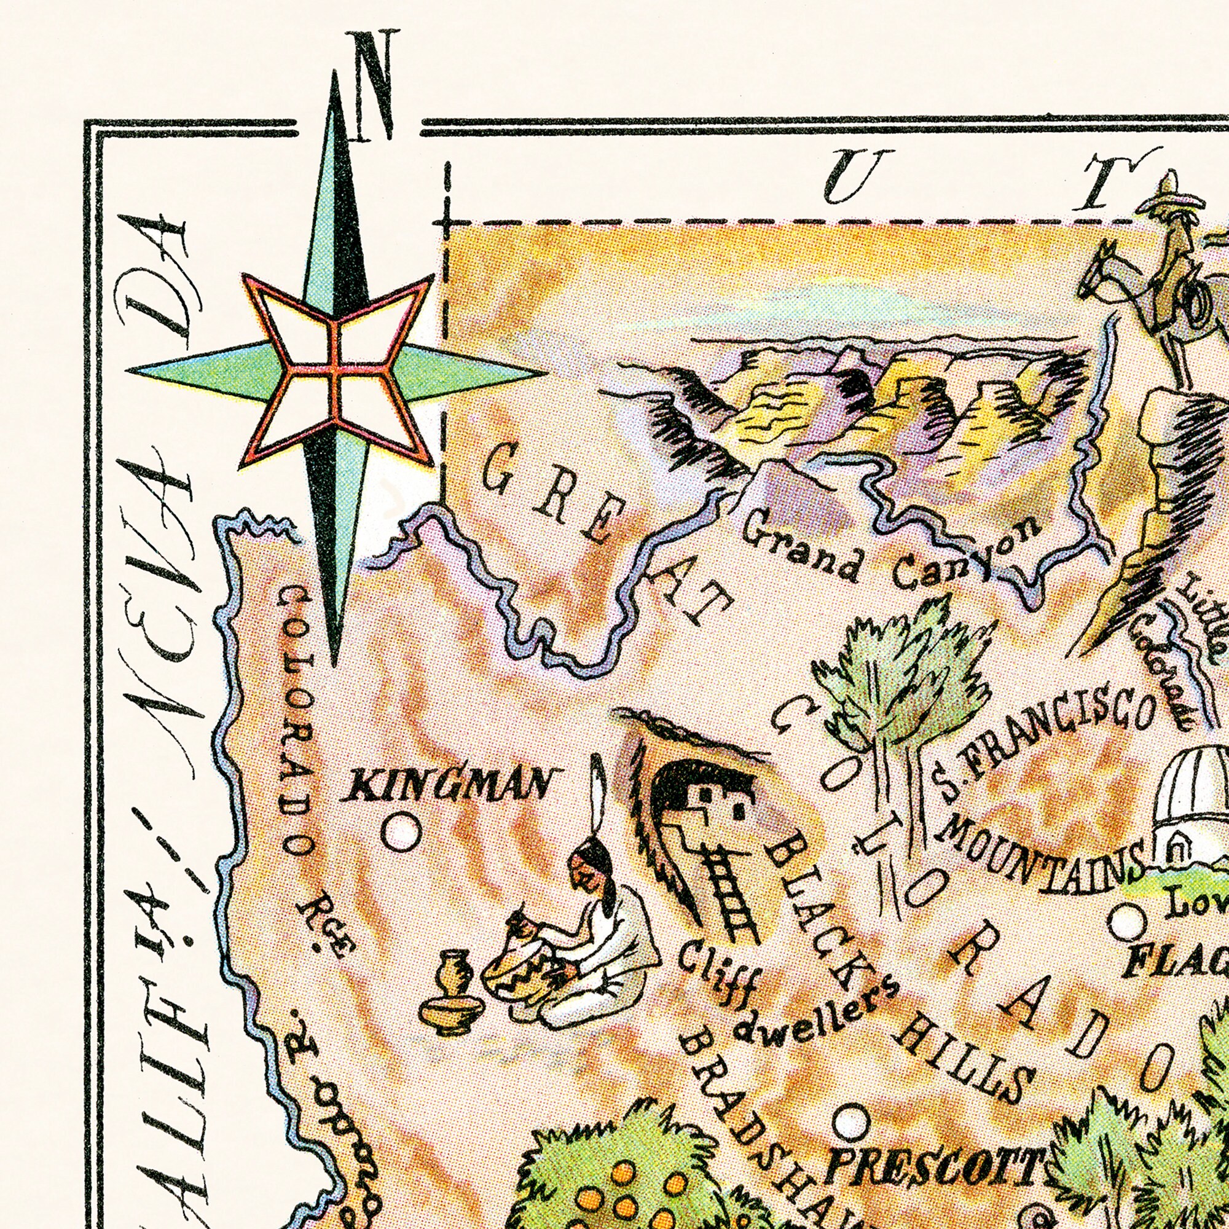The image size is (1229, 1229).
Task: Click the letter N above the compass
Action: [375, 86]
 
